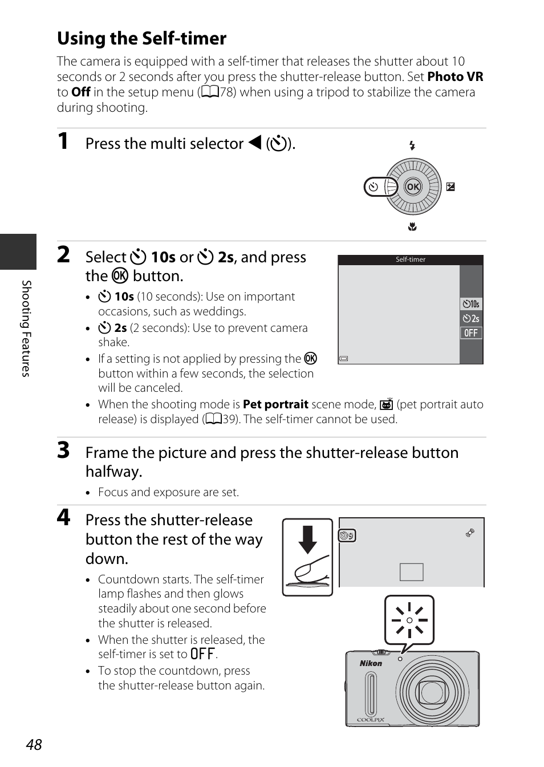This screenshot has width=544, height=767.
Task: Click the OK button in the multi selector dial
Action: [413, 186]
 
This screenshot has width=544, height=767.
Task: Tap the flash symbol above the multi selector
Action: [412, 146]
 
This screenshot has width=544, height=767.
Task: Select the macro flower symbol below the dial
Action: [412, 227]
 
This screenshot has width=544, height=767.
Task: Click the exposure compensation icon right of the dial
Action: [450, 187]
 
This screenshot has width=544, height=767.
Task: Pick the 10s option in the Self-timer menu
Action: [471, 304]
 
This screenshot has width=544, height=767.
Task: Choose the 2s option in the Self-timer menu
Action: [471, 318]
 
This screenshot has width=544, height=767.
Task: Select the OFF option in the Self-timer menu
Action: [471, 333]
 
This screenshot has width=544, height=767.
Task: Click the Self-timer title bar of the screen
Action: [411, 259]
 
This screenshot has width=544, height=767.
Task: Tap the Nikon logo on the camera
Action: [371, 663]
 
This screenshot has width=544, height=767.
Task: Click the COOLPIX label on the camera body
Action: [371, 720]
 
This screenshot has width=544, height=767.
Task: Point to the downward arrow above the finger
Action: [308, 539]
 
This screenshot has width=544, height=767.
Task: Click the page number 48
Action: [34, 744]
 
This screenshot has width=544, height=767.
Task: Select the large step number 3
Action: [63, 451]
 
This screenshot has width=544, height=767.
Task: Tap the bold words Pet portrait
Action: [275, 404]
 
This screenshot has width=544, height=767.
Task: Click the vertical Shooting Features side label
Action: [26, 328]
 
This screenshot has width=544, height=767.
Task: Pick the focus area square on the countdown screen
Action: [412, 572]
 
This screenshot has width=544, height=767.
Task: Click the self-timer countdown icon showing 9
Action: [347, 535]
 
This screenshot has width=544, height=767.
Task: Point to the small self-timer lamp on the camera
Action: [400, 659]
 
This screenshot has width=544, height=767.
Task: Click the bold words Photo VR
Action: [456, 76]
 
